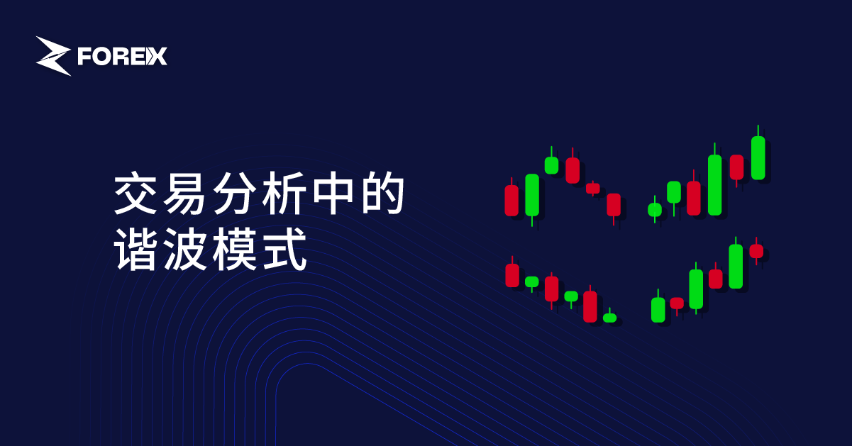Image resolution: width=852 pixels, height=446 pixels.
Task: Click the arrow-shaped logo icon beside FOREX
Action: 53,56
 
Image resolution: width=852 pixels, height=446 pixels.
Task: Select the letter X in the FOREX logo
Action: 157,57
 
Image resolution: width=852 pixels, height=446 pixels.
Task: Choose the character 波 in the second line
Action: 185,249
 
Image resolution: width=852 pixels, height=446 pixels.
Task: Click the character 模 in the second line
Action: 234,249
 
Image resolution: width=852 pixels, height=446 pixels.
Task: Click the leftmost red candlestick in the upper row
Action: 511,201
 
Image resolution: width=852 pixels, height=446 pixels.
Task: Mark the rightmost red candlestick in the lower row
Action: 756,251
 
